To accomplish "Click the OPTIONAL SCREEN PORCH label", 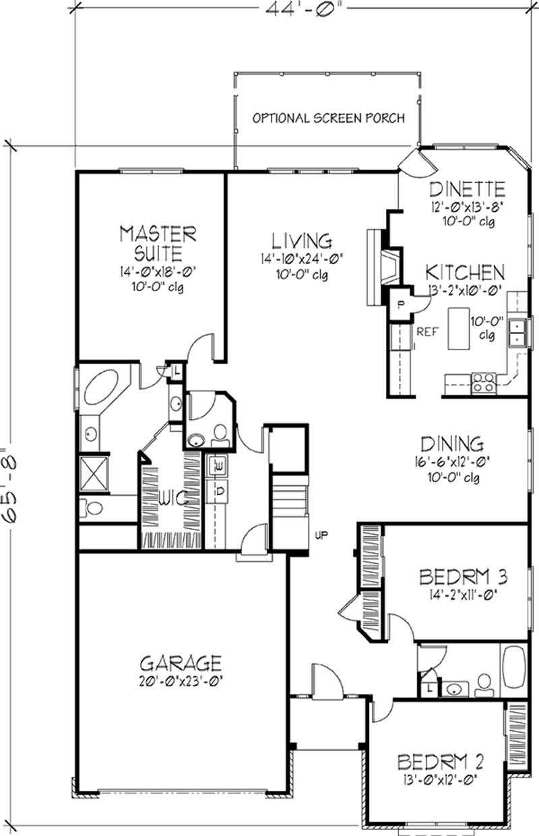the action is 329,119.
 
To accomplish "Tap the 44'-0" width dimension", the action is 303,8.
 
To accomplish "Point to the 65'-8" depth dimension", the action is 9,486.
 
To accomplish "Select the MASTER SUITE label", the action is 158,243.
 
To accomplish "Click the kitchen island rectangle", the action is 458,329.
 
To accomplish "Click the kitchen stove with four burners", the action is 484,383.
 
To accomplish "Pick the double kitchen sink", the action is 517,333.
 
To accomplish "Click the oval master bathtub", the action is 101,387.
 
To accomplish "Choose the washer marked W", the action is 217,465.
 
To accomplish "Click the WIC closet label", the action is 174,498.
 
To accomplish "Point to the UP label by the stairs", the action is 321,535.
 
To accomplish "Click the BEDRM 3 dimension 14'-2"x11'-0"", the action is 462,594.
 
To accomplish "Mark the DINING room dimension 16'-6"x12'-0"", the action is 452,462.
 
